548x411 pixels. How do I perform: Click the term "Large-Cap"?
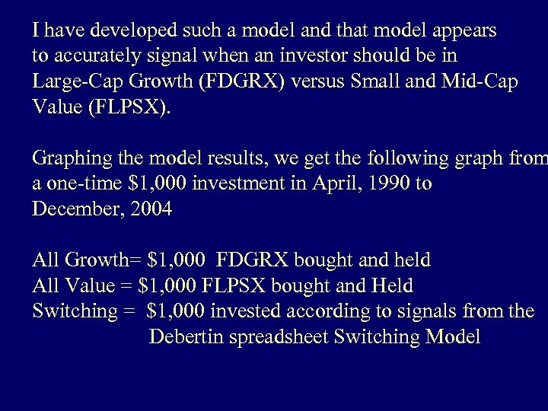(x=75, y=81)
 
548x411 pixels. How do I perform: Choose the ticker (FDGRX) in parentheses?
(x=242, y=81)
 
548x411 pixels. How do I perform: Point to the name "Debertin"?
(x=186, y=337)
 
